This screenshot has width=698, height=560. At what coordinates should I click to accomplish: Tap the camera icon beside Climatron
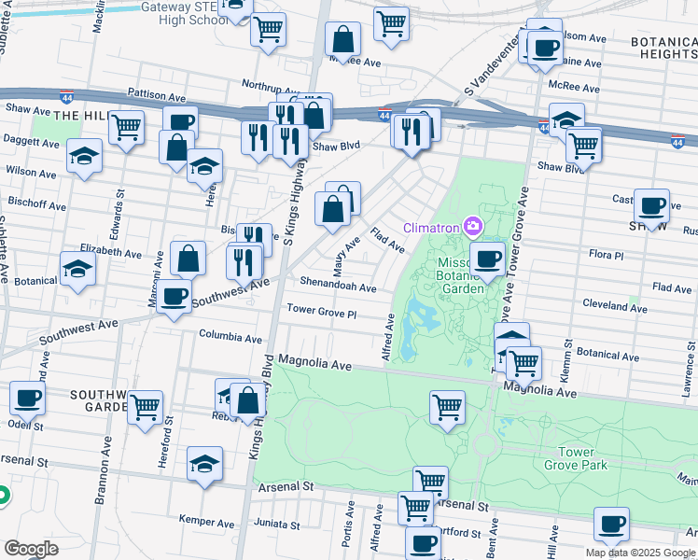point(473,227)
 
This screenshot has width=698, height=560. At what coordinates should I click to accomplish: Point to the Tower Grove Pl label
point(322,312)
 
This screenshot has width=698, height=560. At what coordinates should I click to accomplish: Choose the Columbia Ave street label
point(230,338)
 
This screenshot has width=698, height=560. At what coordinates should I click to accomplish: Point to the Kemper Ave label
point(206,523)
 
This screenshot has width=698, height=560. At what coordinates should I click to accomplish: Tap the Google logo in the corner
point(31,549)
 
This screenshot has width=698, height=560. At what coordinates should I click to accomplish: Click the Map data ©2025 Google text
point(640,553)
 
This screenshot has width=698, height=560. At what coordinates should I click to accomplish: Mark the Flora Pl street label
point(606,255)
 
